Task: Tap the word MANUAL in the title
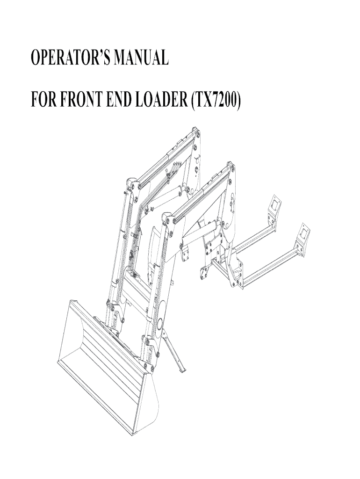pyautogui.click(x=141, y=58)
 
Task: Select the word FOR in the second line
pyautogui.click(x=43, y=100)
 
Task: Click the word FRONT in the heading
pyautogui.click(x=78, y=100)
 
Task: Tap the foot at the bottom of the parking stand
pyautogui.click(x=183, y=370)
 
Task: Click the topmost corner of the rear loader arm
pyautogui.click(x=193, y=127)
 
